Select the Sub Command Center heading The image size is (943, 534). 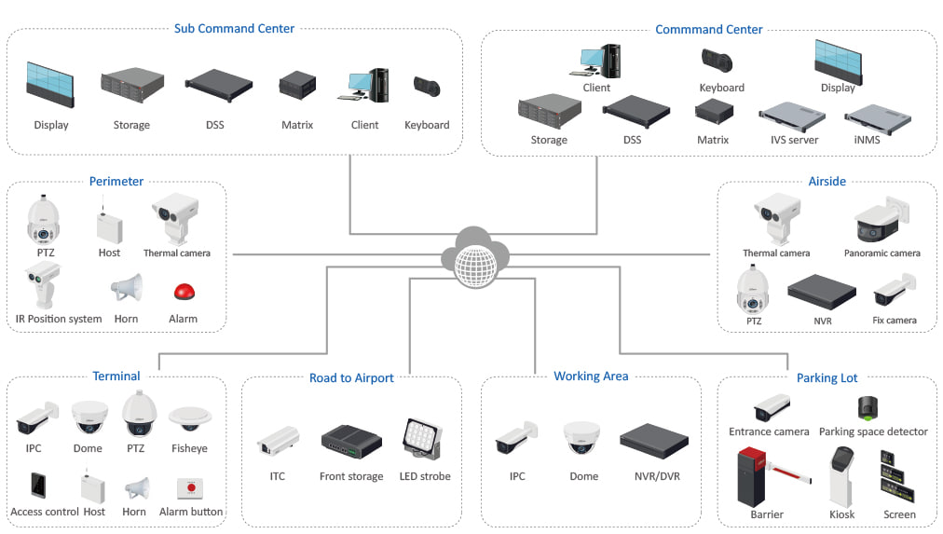click(234, 28)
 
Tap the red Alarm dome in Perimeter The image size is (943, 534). click(183, 292)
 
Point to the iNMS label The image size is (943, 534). click(866, 140)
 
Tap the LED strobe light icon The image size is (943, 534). click(424, 439)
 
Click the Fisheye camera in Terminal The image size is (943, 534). click(190, 418)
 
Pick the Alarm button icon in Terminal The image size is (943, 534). click(190, 487)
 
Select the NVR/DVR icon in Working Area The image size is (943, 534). click(653, 440)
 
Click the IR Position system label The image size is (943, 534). click(59, 319)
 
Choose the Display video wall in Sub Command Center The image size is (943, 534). click(50, 85)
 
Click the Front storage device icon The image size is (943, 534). click(350, 440)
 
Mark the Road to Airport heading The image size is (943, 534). click(351, 377)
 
